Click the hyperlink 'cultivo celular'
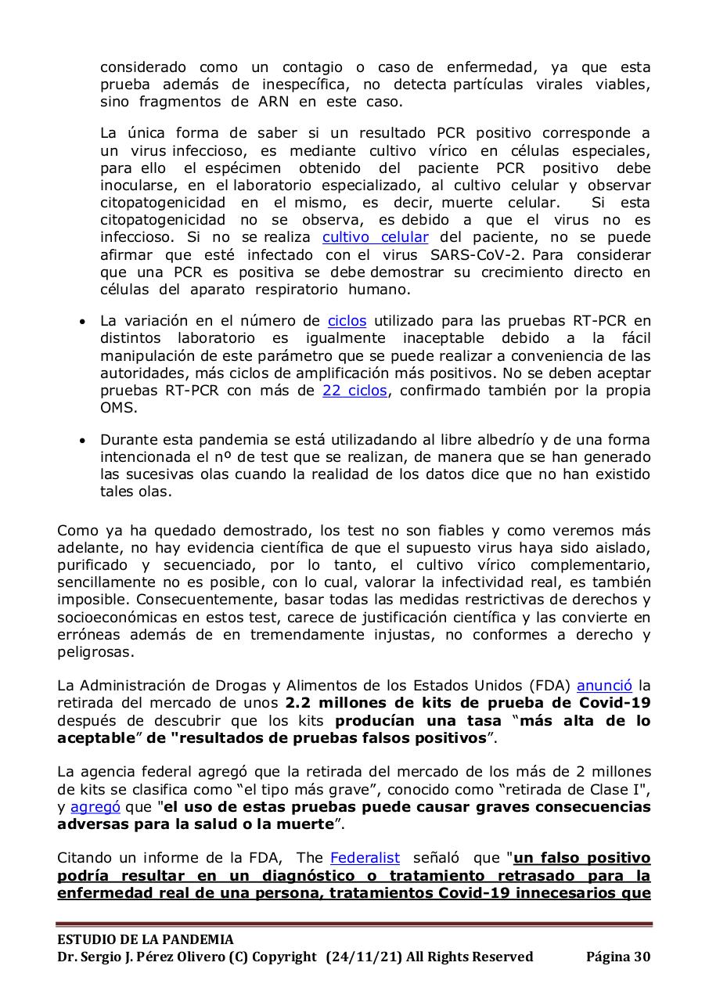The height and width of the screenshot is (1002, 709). (375, 237)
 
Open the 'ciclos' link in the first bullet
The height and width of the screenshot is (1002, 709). (347, 321)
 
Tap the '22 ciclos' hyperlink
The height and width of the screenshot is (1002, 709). (354, 391)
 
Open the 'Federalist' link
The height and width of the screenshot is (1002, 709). (365, 858)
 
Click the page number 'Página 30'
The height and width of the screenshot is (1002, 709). (617, 957)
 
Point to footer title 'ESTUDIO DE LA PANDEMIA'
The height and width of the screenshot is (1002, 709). (145, 939)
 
